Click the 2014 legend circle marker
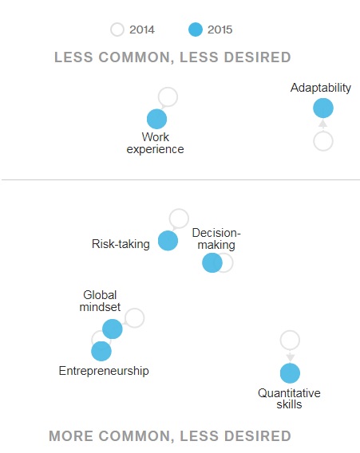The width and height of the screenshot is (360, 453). (117, 30)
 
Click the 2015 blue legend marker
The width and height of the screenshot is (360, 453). (194, 30)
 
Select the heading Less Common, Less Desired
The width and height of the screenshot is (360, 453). (172, 57)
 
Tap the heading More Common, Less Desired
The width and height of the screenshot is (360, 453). (170, 436)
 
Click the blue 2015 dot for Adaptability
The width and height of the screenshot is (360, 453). (322, 108)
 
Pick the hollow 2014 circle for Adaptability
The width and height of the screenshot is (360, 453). (322, 141)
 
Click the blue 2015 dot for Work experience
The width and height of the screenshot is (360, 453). (157, 119)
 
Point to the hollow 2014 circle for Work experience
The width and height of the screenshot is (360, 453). (168, 97)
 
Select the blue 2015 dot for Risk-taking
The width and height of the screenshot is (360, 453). (168, 240)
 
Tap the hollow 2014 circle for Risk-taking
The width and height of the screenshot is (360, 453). (179, 218)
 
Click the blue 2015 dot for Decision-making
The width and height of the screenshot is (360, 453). (212, 262)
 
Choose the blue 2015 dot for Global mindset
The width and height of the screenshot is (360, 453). (113, 329)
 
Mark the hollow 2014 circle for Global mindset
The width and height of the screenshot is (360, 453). (134, 317)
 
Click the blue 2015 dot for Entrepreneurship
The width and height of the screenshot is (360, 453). (101, 351)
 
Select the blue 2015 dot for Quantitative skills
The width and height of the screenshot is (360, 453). (290, 372)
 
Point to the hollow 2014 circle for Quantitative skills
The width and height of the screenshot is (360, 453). (290, 340)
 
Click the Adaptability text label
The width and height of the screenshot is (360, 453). (321, 88)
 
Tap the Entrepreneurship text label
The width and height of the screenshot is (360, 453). (104, 371)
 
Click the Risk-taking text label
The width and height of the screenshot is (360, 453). (121, 244)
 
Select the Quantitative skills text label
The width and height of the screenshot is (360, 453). (289, 399)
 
